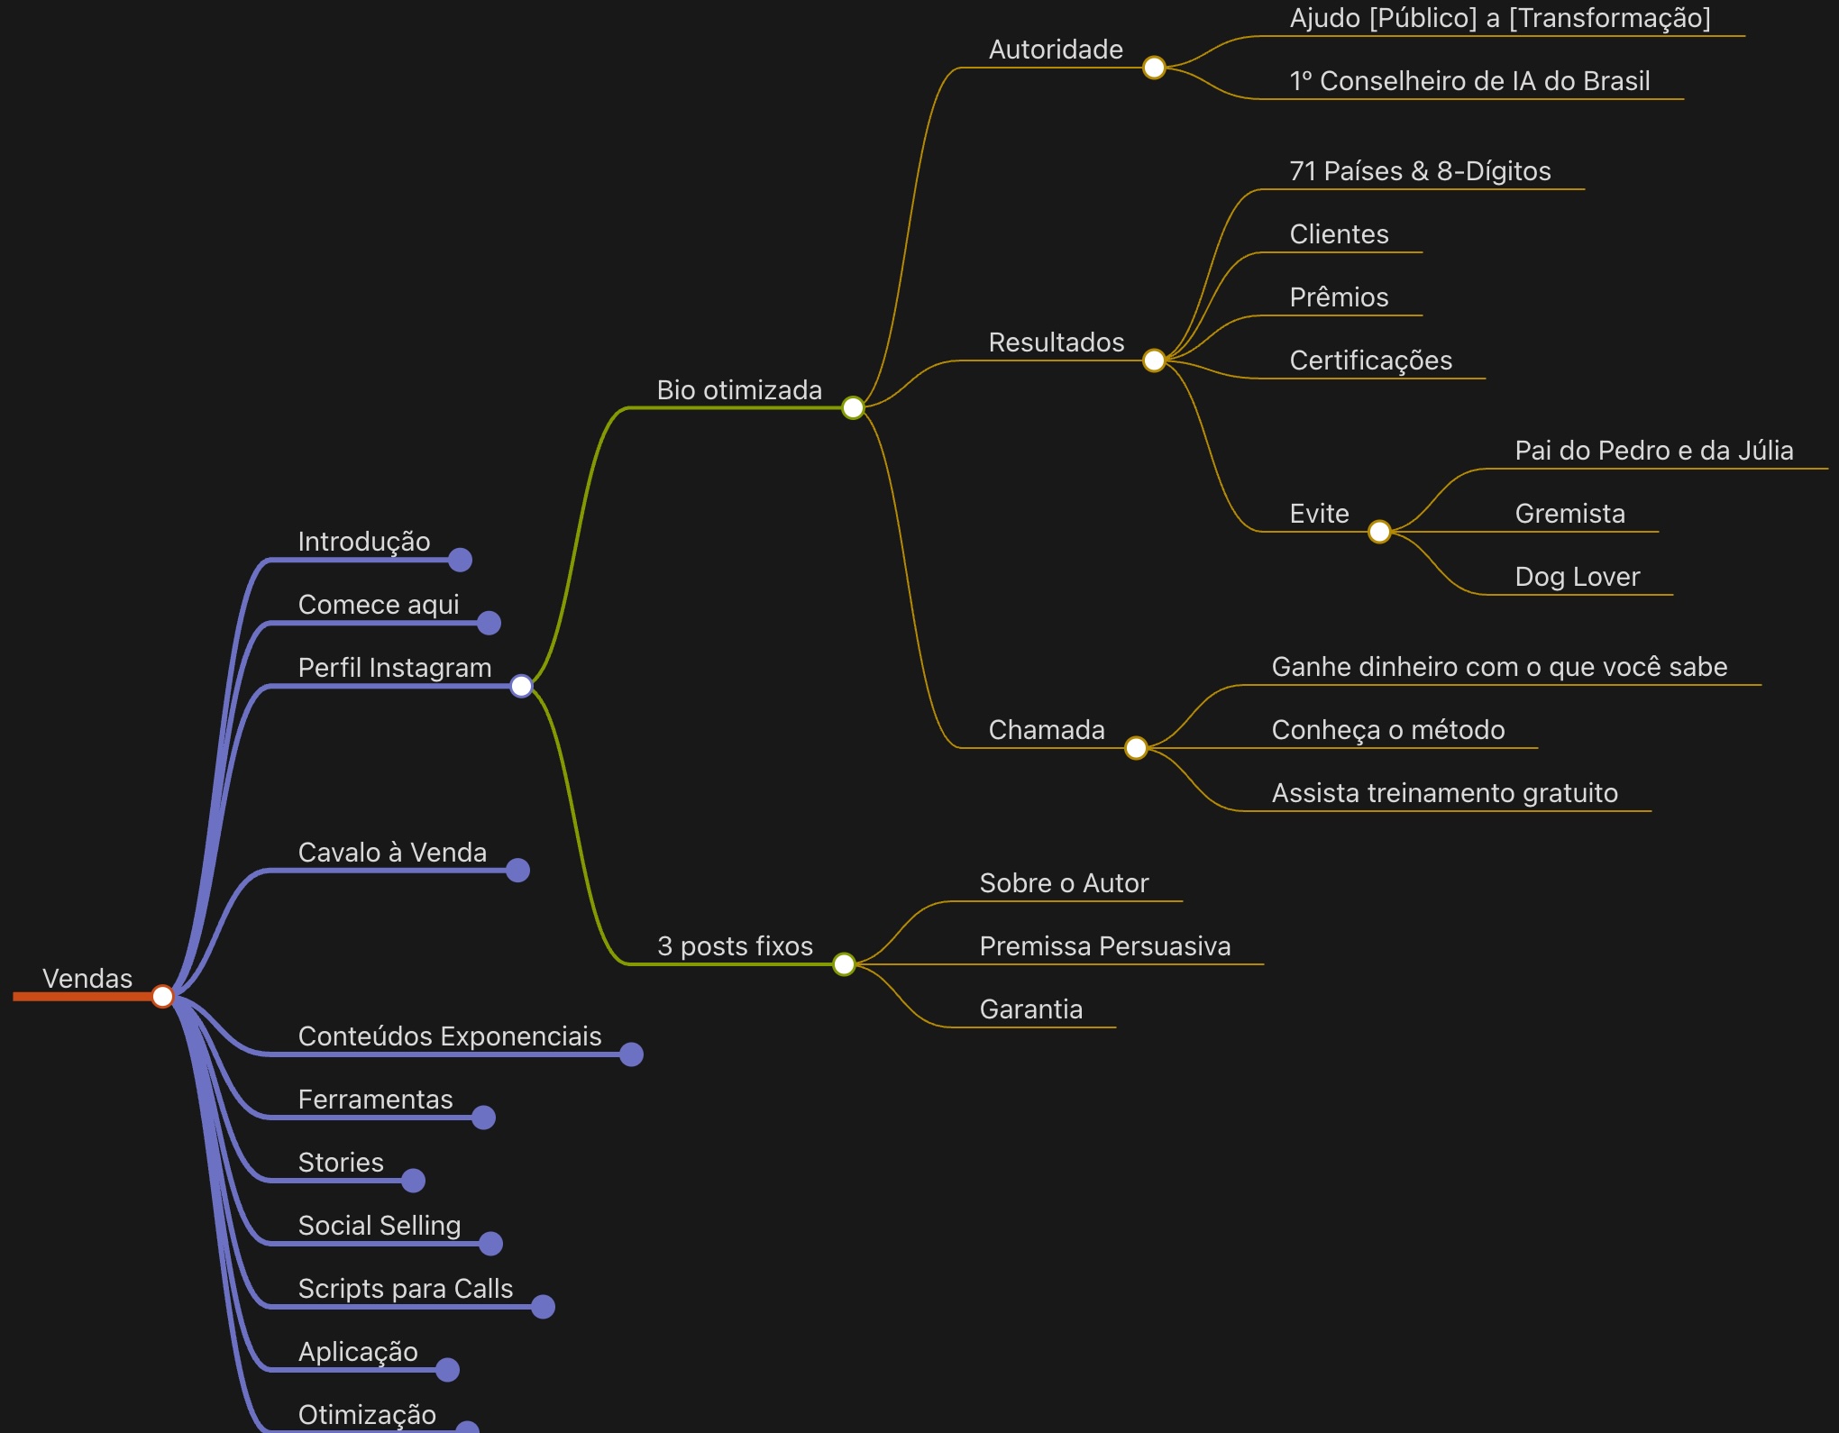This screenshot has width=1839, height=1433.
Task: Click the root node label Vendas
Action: (87, 979)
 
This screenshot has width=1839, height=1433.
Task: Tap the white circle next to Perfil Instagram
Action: (521, 686)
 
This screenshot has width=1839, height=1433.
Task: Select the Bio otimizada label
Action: (739, 390)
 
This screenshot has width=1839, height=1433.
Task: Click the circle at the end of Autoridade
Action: (1154, 68)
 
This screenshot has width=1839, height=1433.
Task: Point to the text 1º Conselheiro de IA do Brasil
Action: (1469, 81)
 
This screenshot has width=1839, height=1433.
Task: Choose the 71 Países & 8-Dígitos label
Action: (1420, 171)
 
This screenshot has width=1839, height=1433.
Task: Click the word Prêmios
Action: (1339, 297)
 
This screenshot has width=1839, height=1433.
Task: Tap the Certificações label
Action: (1370, 361)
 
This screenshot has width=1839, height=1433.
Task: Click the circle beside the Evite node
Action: (1379, 532)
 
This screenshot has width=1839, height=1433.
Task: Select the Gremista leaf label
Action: (1569, 514)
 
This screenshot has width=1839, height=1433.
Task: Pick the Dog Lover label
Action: (1577, 577)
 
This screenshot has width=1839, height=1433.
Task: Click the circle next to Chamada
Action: (1136, 748)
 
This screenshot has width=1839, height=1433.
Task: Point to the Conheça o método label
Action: (1388, 730)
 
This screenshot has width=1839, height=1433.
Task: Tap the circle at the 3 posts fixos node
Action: (844, 964)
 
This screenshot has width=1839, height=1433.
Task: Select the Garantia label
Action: (1031, 1009)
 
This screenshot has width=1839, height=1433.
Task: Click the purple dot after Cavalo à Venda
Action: (517, 871)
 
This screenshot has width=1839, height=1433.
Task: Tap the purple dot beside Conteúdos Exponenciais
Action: (631, 1054)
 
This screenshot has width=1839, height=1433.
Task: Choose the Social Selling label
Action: (380, 1226)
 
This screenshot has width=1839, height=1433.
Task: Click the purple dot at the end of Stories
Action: (413, 1181)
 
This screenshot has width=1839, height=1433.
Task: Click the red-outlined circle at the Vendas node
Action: (162, 996)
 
